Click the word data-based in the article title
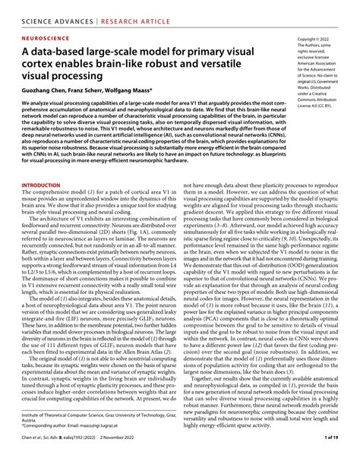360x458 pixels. click(x=65, y=50)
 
